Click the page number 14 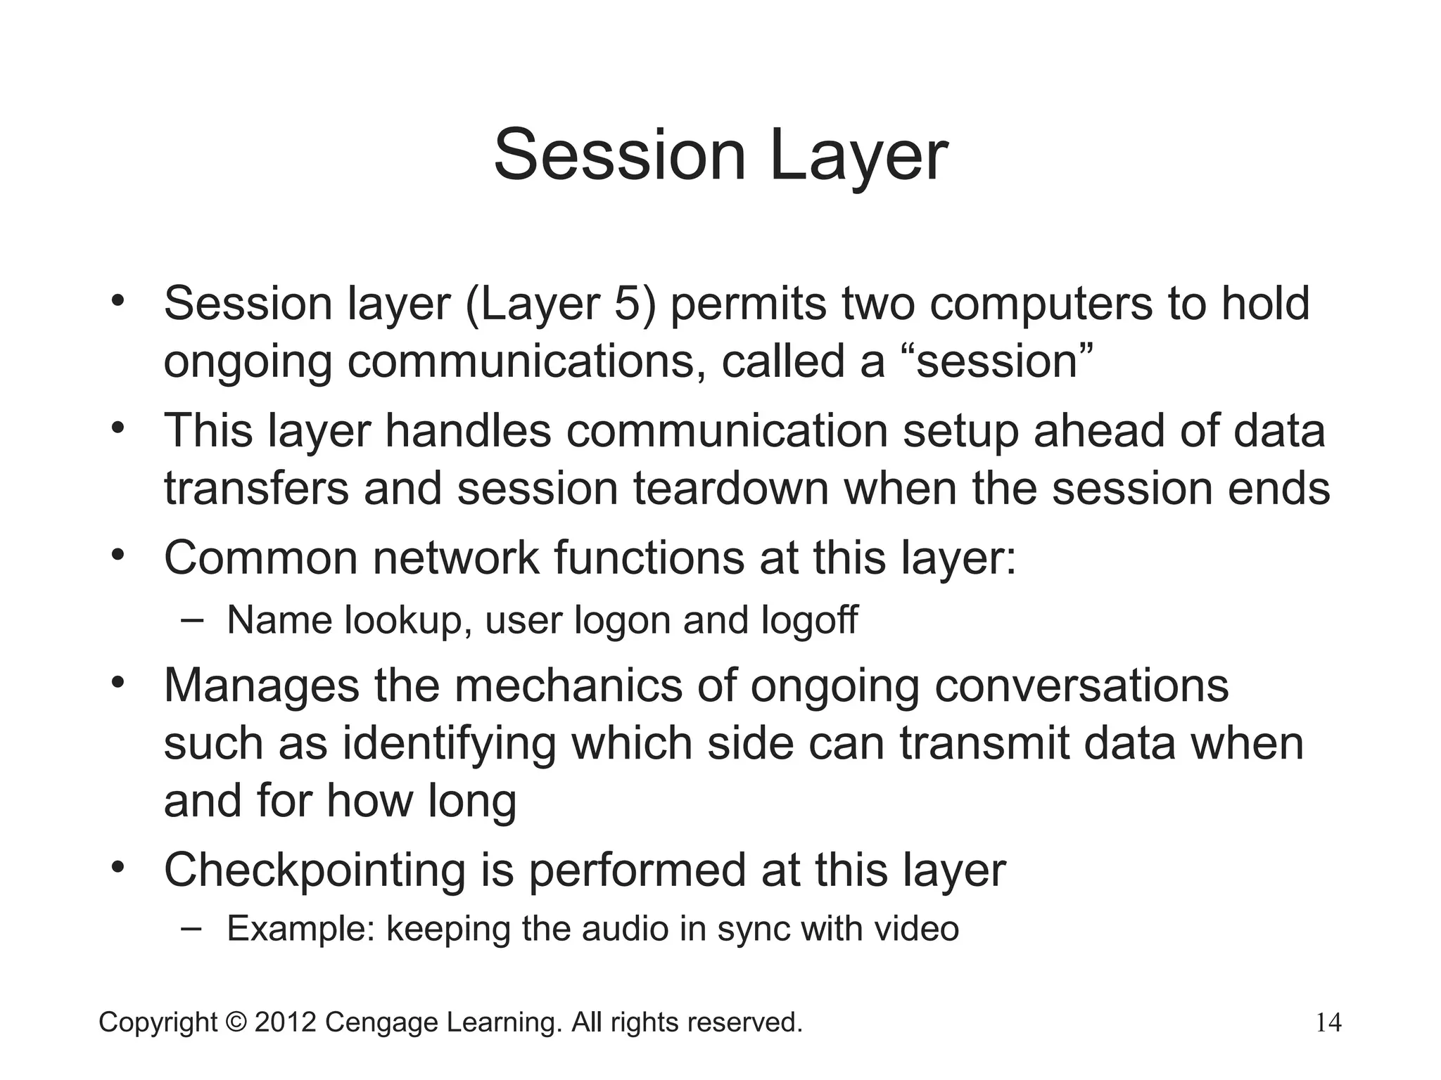(1328, 1022)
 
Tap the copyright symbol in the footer (236, 1022)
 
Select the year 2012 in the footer (285, 1022)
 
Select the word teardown (731, 488)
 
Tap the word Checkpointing (315, 870)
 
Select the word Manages (261, 686)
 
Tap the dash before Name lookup (191, 619)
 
